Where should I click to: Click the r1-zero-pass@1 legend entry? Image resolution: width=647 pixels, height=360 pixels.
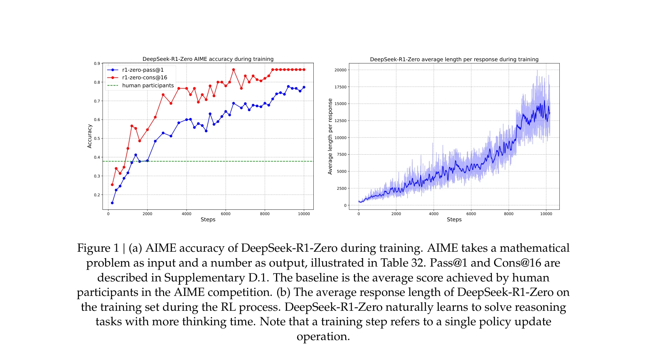pos(143,70)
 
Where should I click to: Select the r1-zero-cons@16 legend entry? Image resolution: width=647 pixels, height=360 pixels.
pos(145,78)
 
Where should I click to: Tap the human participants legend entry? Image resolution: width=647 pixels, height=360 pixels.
pos(148,85)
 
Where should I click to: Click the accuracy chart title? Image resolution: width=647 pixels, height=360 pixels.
pos(208,59)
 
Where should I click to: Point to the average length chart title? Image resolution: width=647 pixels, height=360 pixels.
pos(454,59)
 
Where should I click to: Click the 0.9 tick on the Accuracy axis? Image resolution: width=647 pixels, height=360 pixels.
pos(97,64)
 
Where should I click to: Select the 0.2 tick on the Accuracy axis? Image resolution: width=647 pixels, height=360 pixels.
pos(97,195)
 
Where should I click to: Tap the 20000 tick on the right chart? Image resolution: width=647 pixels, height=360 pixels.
pos(340,70)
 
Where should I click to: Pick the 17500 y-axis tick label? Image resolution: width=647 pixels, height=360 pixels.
pos(340,87)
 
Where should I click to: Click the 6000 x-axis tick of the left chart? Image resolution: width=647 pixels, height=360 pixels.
pos(226,214)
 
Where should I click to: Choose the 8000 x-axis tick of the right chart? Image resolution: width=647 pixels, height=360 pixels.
pos(509,214)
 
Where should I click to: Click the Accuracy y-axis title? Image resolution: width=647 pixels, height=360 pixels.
pos(90,136)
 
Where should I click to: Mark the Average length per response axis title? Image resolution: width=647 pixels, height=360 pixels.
pos(330,137)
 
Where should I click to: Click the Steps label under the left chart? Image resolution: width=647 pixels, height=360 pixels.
pos(208,219)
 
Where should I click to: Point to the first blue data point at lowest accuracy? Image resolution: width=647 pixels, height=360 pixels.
pos(112,203)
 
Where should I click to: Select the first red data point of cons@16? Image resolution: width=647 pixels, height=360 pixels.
pos(112,185)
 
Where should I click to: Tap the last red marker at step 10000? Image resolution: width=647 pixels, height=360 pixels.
pos(304,70)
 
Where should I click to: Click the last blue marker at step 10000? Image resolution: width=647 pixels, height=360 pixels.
pos(304,87)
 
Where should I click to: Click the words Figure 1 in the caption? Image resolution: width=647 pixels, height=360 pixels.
pos(98,248)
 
